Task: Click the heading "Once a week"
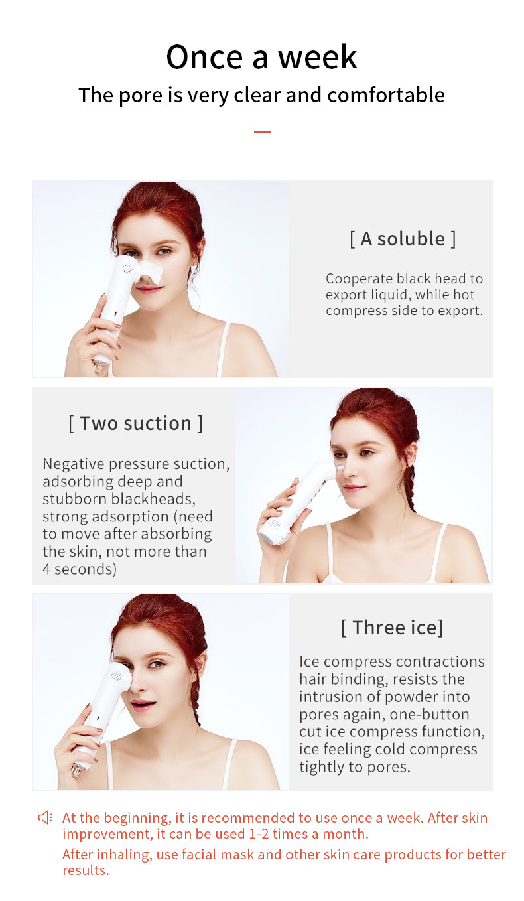262,57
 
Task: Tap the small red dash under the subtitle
262,131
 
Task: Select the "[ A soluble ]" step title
403,239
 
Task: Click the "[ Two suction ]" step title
135,423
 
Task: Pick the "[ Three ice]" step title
392,628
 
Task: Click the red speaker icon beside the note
45,817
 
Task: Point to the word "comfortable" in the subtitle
386,96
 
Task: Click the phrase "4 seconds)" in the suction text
80,569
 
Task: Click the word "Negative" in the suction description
74,464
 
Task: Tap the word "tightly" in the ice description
321,767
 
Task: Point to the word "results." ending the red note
86,870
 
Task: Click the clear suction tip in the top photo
100,366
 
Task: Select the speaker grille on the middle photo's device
275,523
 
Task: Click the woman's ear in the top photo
200,247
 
